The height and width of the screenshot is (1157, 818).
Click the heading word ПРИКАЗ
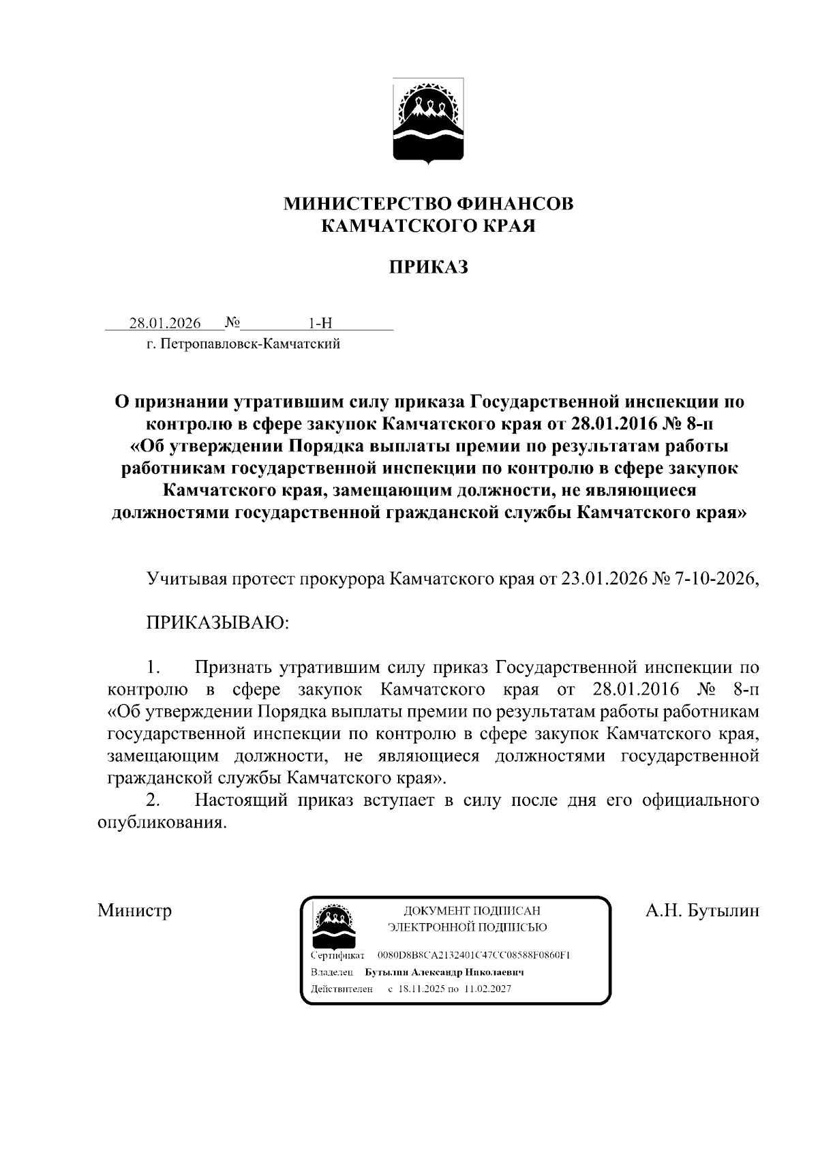(428, 267)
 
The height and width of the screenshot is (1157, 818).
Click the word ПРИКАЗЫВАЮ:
(217, 622)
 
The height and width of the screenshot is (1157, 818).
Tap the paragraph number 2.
(153, 800)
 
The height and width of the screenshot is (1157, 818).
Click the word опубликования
(162, 822)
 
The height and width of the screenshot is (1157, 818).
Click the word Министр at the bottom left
(134, 911)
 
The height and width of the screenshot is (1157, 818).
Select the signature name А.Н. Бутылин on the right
(702, 911)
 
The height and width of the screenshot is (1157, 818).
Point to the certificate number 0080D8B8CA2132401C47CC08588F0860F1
(473, 955)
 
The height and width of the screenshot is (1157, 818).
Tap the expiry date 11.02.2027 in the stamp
(487, 989)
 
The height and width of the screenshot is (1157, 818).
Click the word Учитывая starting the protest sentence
(186, 579)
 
